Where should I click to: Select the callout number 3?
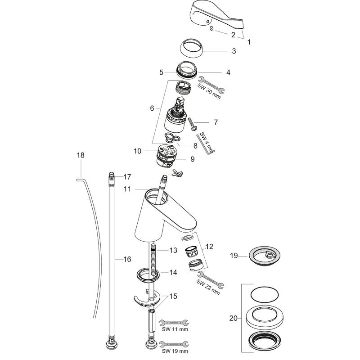coord(234,51)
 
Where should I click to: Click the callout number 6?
coord(152,108)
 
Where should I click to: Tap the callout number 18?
coord(81,156)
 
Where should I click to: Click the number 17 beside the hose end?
coord(127,176)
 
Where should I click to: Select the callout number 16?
coord(127,259)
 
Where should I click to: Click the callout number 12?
coord(210,246)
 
